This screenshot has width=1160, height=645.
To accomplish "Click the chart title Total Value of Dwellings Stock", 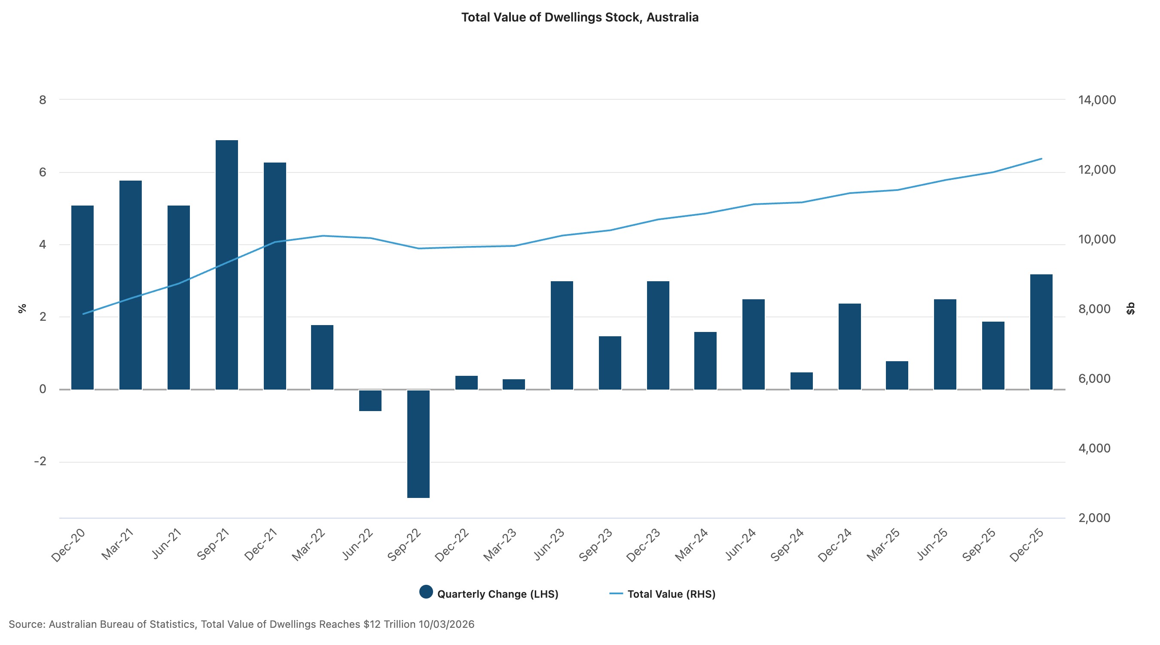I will click(580, 18).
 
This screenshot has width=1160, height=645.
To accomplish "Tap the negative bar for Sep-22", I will click(418, 443).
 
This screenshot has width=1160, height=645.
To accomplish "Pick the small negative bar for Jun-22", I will click(370, 400).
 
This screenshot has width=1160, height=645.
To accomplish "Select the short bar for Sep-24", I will click(802, 381).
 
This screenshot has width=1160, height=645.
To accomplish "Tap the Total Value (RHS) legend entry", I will click(662, 594).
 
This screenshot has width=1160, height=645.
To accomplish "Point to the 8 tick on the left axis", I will click(43, 100).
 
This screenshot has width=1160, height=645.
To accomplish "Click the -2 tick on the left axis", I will click(40, 461).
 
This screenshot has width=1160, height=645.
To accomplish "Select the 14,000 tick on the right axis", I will click(1096, 100).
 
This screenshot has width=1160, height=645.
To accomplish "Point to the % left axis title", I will click(22, 308).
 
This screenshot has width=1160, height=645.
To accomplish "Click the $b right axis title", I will click(1130, 309).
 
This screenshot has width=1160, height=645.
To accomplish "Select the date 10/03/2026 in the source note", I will click(446, 624).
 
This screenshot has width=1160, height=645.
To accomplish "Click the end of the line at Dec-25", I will click(1041, 159).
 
